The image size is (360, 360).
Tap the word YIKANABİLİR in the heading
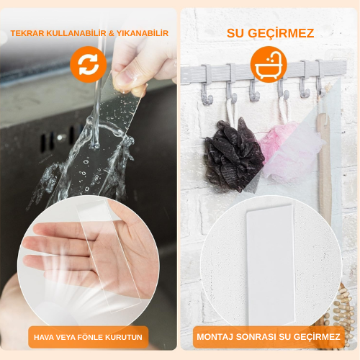click(143, 34)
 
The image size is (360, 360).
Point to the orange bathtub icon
click(269, 63)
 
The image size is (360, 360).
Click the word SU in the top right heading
click(238, 33)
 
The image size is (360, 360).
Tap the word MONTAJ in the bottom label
click(220, 336)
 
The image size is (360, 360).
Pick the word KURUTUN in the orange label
click(127, 336)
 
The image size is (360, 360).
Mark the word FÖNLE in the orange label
click(94, 336)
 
